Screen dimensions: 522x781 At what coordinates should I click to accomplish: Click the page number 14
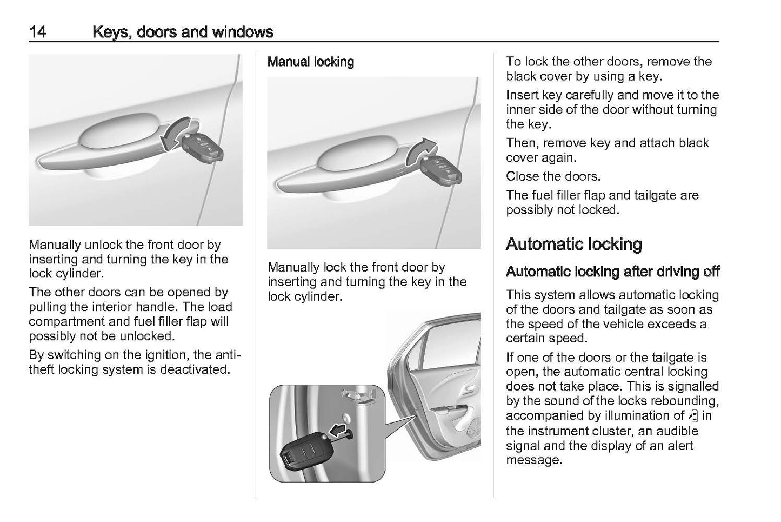(x=37, y=32)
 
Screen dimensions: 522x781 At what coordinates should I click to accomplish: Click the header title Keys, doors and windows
(x=183, y=32)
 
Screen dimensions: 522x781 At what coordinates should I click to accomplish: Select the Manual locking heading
(x=311, y=62)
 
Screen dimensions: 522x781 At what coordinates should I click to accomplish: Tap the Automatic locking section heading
(x=573, y=244)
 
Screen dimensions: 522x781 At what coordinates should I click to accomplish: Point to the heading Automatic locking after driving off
(x=612, y=272)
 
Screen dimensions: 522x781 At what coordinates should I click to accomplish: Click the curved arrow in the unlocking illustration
(x=176, y=133)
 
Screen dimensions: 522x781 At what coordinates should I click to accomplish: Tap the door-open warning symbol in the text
(x=694, y=417)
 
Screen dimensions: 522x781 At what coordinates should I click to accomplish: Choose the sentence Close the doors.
(x=545, y=176)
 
